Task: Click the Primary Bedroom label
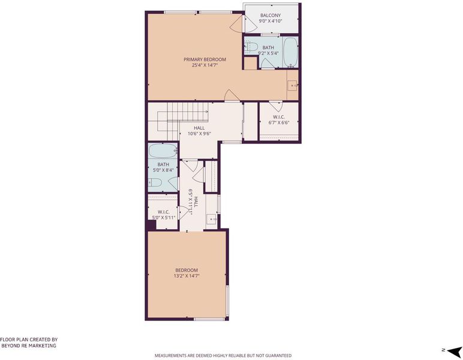(205, 59)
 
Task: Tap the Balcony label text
(270, 16)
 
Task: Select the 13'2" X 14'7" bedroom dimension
(187, 276)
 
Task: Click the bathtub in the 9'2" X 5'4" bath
(290, 53)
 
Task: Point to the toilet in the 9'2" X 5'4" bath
(251, 47)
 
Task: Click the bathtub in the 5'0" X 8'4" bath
(163, 151)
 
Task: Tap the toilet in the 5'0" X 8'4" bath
(155, 182)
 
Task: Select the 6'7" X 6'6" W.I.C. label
(279, 119)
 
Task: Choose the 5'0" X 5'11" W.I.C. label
(163, 215)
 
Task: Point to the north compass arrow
(454, 351)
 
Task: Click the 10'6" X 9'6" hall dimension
(199, 133)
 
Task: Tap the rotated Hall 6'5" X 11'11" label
(193, 202)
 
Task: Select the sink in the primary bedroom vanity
(293, 85)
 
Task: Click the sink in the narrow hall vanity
(212, 220)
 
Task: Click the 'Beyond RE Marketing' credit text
(29, 345)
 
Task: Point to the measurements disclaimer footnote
(223, 355)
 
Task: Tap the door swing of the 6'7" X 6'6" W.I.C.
(276, 106)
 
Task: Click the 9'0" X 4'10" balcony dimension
(270, 21)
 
